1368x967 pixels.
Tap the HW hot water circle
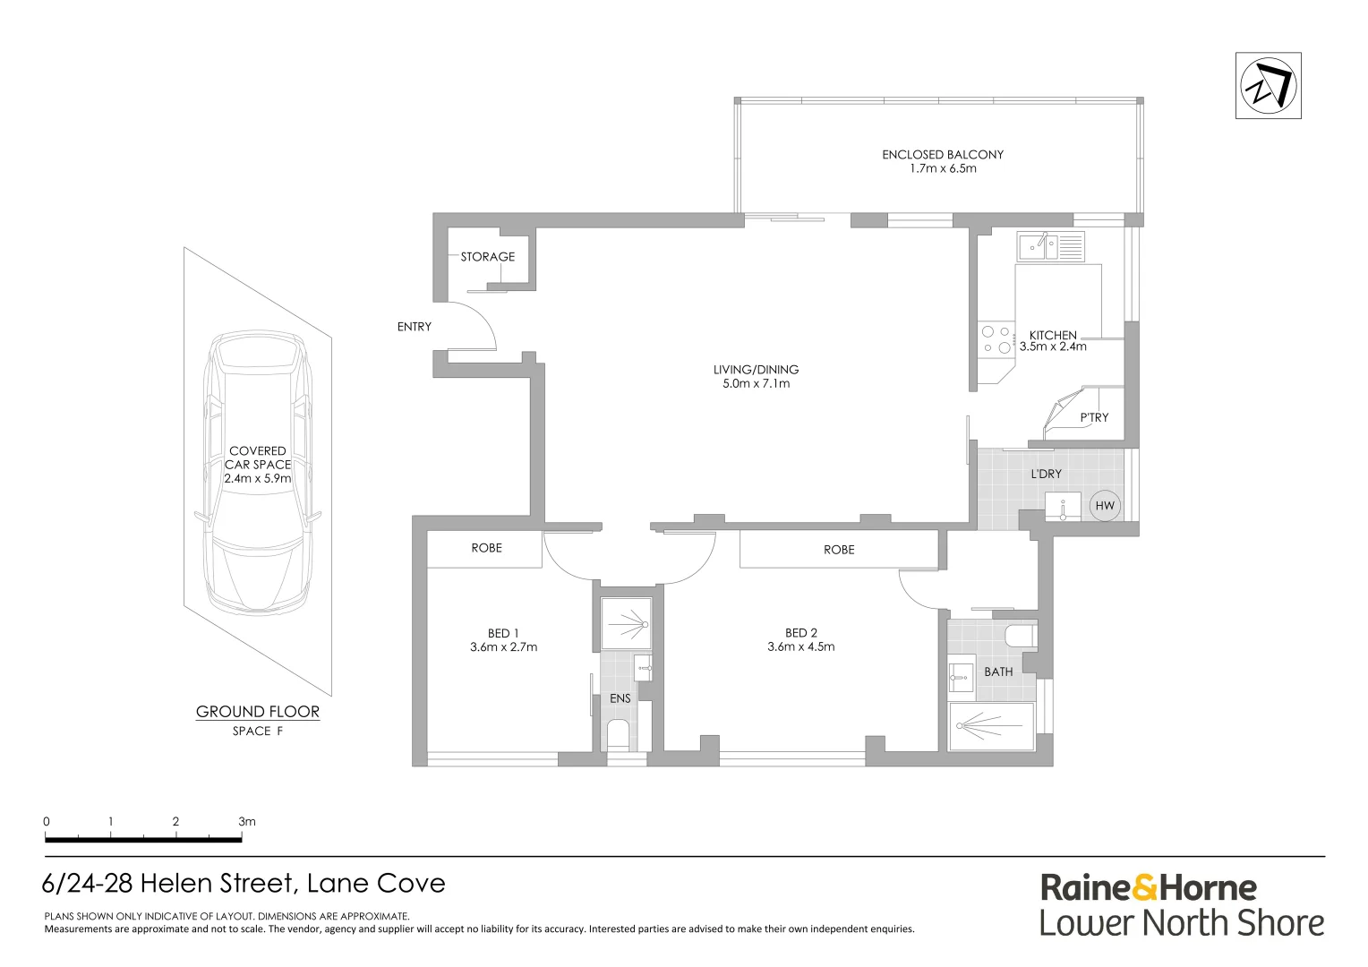click(x=1105, y=505)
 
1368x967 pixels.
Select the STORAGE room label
click(x=487, y=257)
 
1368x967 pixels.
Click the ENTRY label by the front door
click(x=414, y=327)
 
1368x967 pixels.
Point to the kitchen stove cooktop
click(x=996, y=339)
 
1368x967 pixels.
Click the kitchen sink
click(x=1050, y=246)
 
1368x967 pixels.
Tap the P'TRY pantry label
click(x=1094, y=417)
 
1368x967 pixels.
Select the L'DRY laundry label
click(x=1046, y=474)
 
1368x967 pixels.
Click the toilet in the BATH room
click(x=1022, y=636)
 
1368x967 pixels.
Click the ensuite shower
click(x=626, y=624)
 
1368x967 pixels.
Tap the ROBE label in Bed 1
click(x=486, y=548)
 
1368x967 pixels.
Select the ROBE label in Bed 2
click(x=839, y=550)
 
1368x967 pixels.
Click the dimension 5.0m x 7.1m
click(x=756, y=383)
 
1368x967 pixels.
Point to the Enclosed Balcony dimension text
click(x=943, y=168)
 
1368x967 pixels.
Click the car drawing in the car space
click(x=258, y=473)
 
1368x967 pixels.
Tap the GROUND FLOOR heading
click(x=258, y=712)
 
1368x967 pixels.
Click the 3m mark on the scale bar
click(x=246, y=822)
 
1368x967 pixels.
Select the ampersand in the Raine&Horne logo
click(x=1145, y=889)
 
